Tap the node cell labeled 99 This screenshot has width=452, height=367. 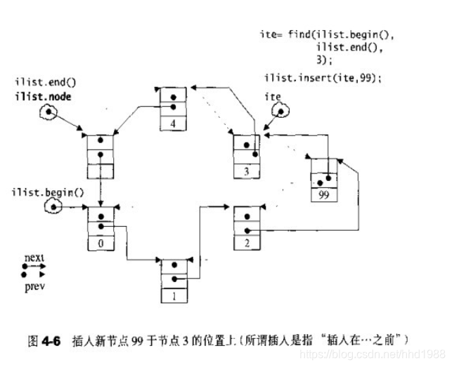[323, 194]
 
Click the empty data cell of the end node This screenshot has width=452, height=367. [101, 171]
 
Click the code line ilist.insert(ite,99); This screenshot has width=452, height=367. [323, 77]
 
